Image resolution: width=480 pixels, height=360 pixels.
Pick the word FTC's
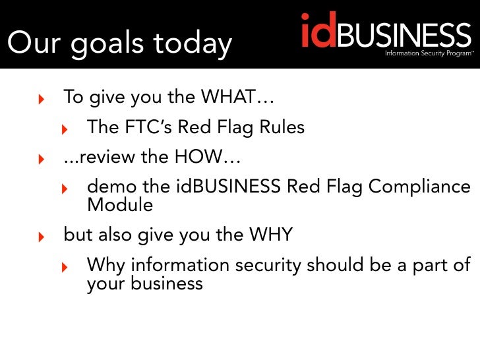click(x=154, y=127)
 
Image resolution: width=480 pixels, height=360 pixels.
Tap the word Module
click(x=119, y=205)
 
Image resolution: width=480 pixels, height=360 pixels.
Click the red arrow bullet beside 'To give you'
click(x=42, y=100)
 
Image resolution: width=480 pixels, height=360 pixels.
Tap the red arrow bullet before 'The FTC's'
click(x=65, y=129)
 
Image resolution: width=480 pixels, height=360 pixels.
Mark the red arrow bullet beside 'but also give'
click(x=42, y=237)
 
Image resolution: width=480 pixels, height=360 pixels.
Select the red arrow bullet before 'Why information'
click(x=65, y=267)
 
